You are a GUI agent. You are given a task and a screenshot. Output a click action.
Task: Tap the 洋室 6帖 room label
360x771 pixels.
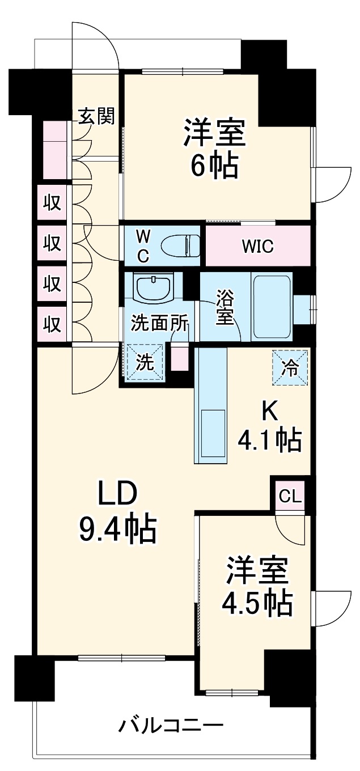pos(214,149)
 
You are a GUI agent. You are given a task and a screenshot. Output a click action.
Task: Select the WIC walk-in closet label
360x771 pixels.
pos(257,247)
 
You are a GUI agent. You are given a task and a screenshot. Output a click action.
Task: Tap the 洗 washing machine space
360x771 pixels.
pos(145,362)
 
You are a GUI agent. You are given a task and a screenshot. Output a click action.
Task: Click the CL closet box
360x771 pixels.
pos(290,497)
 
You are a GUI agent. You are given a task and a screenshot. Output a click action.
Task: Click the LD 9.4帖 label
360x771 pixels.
pos(117,512)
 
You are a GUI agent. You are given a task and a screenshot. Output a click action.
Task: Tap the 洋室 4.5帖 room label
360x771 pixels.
pos(258,587)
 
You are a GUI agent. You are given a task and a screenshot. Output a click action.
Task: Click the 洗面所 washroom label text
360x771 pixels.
pos(159,323)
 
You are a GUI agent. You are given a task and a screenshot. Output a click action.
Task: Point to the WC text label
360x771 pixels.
pos(143,247)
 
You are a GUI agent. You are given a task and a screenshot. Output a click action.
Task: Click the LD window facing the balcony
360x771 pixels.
pos(121,658)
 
